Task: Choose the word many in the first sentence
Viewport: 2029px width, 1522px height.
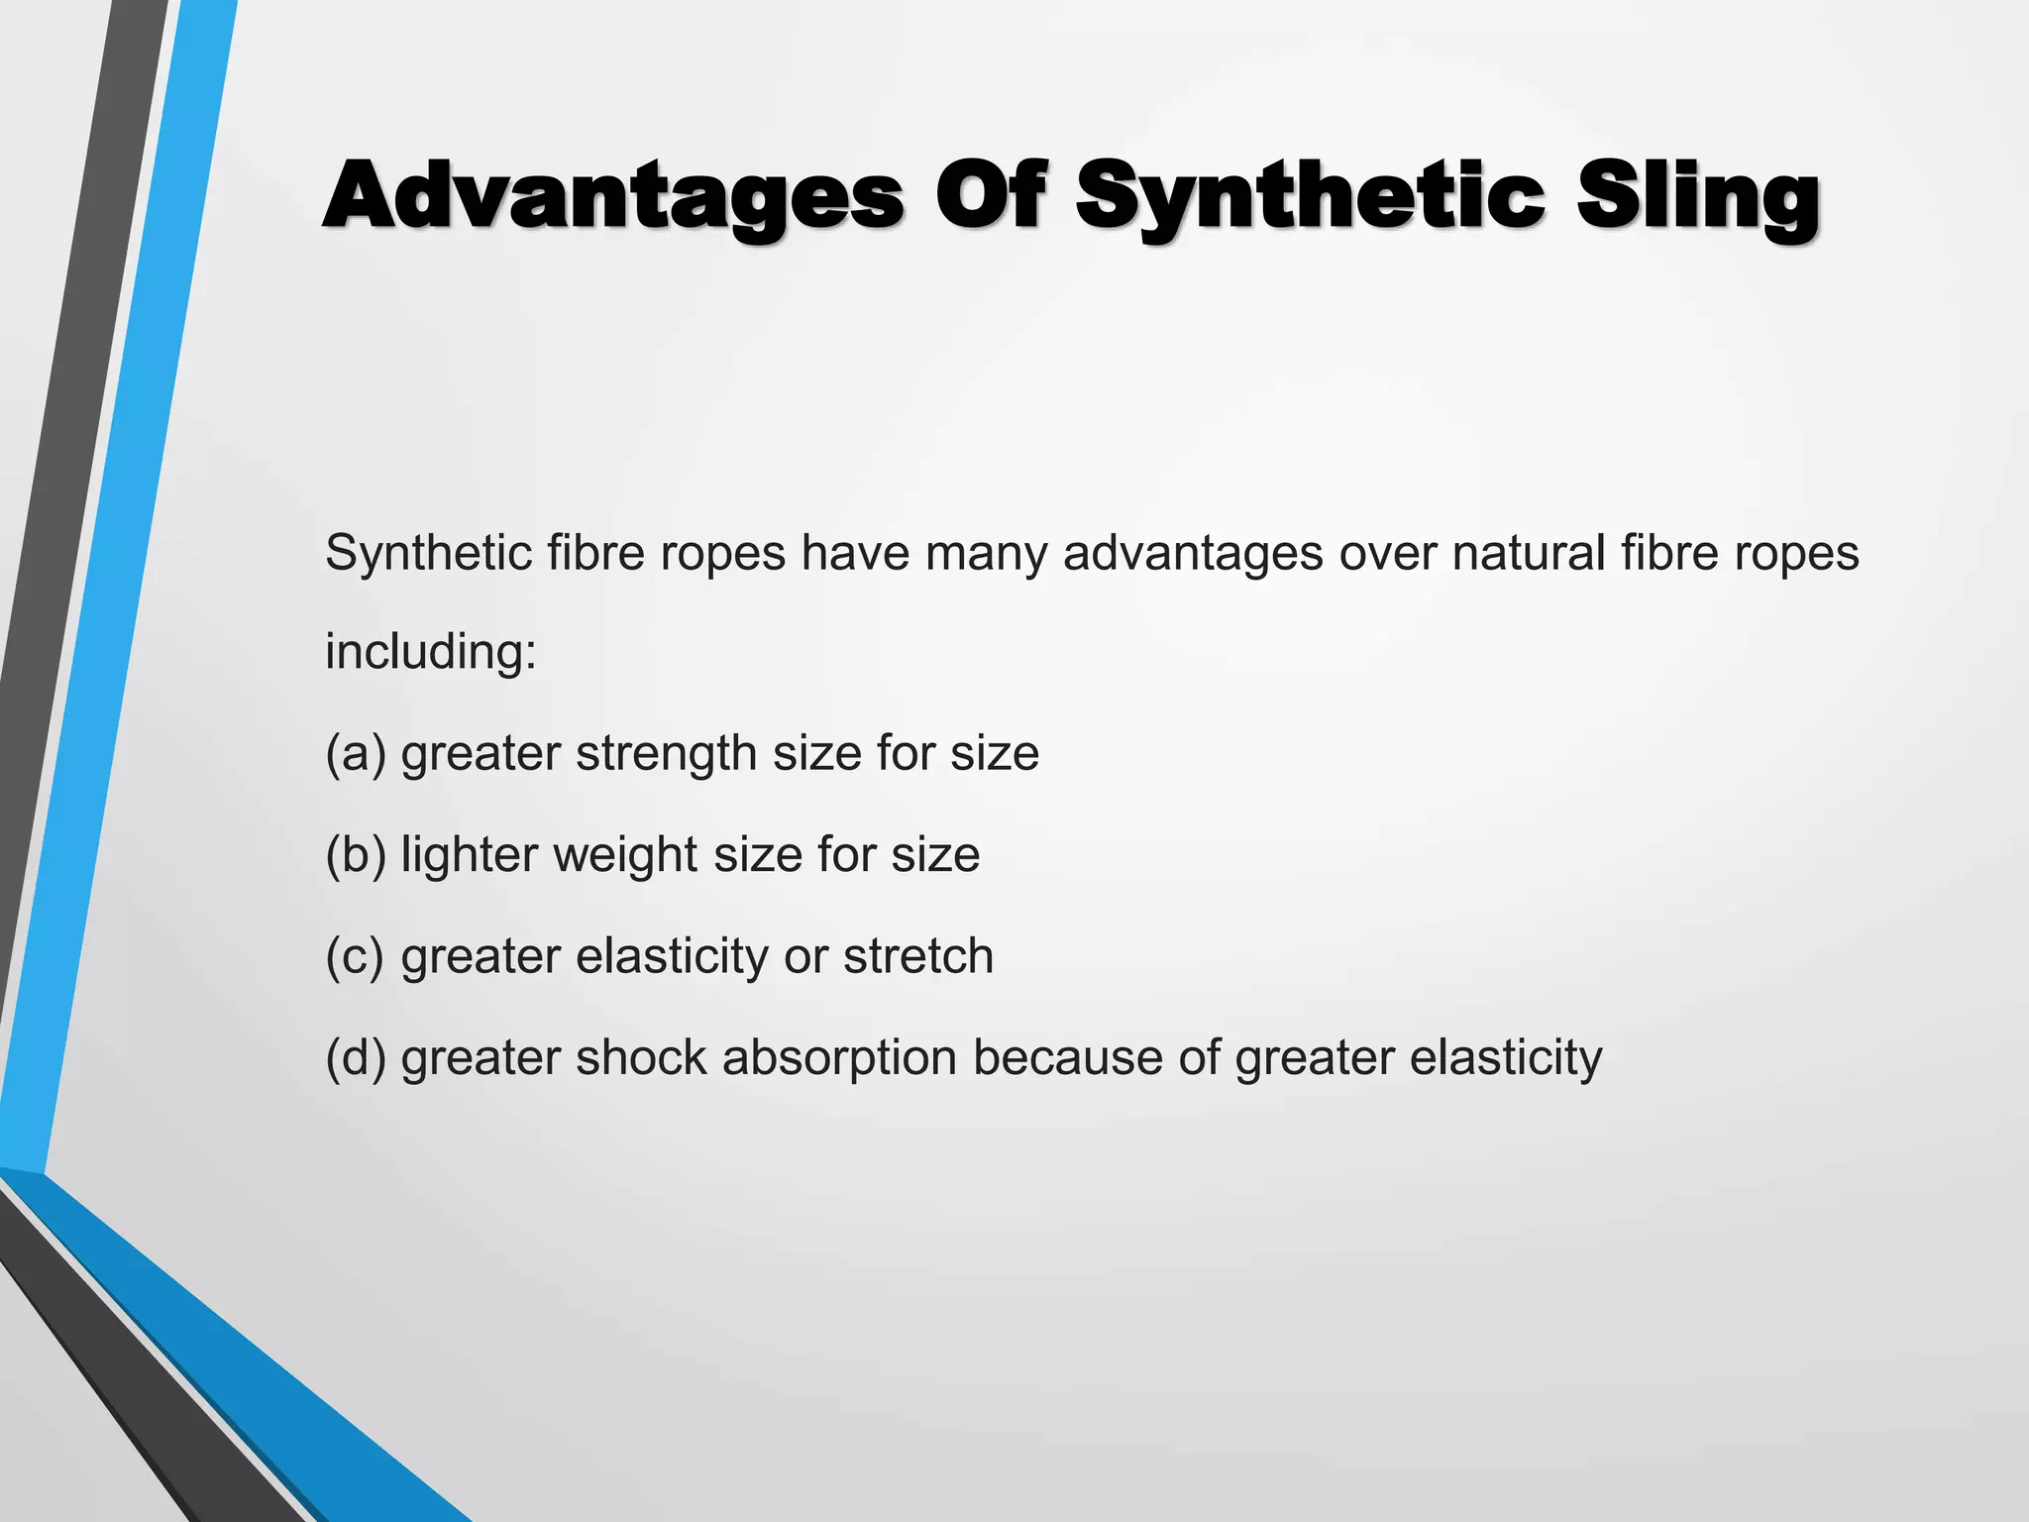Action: click(x=986, y=553)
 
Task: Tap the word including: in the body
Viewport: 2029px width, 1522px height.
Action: click(x=431, y=652)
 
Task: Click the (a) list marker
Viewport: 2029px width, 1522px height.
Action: click(x=356, y=754)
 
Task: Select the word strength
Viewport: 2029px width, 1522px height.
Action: click(x=666, y=754)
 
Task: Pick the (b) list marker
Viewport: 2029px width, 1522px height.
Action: click(x=356, y=855)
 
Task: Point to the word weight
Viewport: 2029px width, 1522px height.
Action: click(x=624, y=855)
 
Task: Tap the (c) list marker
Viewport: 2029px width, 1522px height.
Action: click(x=355, y=957)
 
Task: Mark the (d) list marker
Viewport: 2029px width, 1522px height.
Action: click(x=356, y=1058)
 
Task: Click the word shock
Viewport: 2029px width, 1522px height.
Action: click(x=641, y=1058)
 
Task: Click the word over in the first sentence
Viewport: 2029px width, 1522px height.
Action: click(x=1388, y=553)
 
